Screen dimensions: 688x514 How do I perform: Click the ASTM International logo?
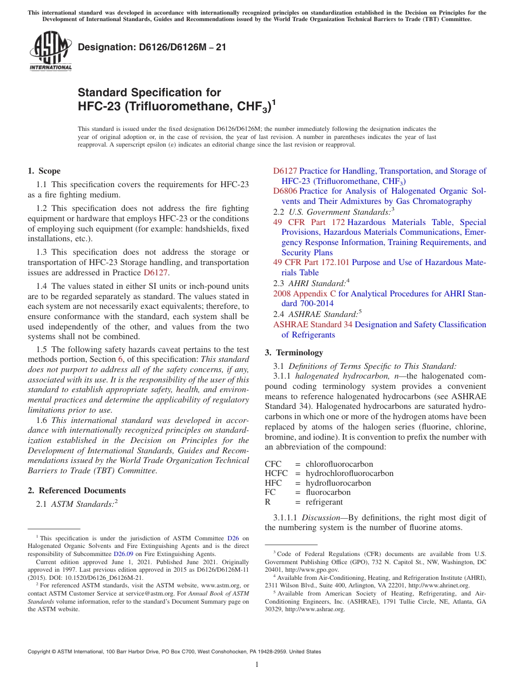coord(50,51)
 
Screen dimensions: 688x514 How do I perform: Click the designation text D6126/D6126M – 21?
coord(152,48)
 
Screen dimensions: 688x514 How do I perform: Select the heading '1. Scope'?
coord(44,171)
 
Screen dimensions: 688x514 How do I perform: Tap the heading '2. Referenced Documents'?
coord(77,491)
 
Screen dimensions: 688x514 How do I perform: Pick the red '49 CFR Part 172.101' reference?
coord(311,263)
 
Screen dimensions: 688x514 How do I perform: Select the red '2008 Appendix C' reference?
coord(305,294)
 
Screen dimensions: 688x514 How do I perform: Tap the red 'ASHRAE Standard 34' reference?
coord(313,325)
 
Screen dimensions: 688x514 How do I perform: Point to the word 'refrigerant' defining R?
coord(324,502)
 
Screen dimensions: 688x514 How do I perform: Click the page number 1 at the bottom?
coord(257,665)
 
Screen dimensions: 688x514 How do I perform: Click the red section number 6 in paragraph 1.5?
coord(120,359)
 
